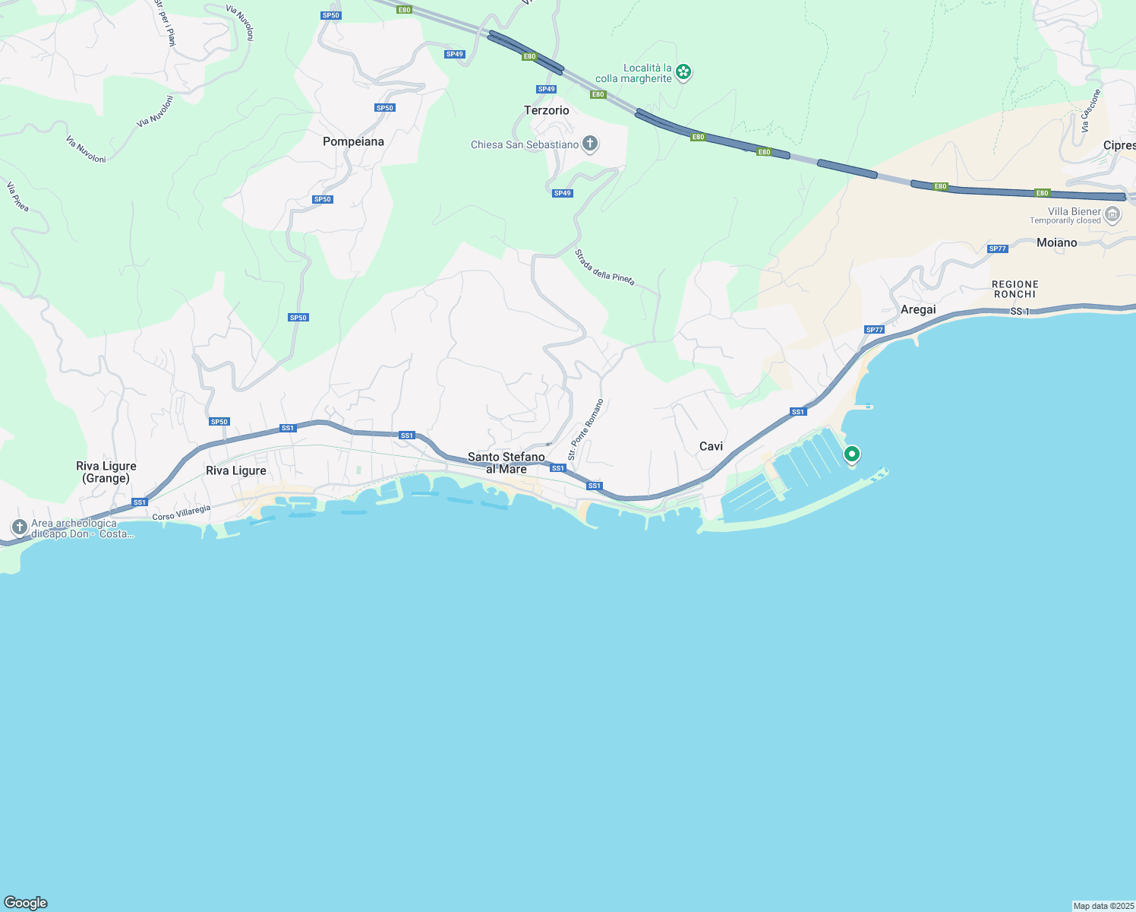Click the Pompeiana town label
click(x=353, y=141)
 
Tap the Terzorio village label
click(x=546, y=110)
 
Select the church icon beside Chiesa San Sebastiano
click(x=589, y=144)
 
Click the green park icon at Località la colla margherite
click(x=683, y=72)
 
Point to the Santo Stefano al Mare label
click(x=506, y=463)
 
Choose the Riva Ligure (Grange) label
click(x=106, y=472)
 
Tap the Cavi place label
click(x=711, y=446)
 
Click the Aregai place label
click(x=918, y=309)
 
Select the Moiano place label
click(x=1056, y=242)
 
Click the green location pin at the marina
click(x=852, y=454)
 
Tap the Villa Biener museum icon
click(x=1112, y=215)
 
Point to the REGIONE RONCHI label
click(x=1015, y=289)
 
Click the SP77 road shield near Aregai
click(x=874, y=330)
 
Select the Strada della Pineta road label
click(x=604, y=267)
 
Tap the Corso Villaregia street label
click(x=181, y=513)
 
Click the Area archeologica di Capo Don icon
click(x=19, y=527)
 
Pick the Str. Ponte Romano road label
click(x=585, y=429)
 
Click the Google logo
click(x=26, y=903)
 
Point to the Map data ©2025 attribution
click(x=1103, y=906)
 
